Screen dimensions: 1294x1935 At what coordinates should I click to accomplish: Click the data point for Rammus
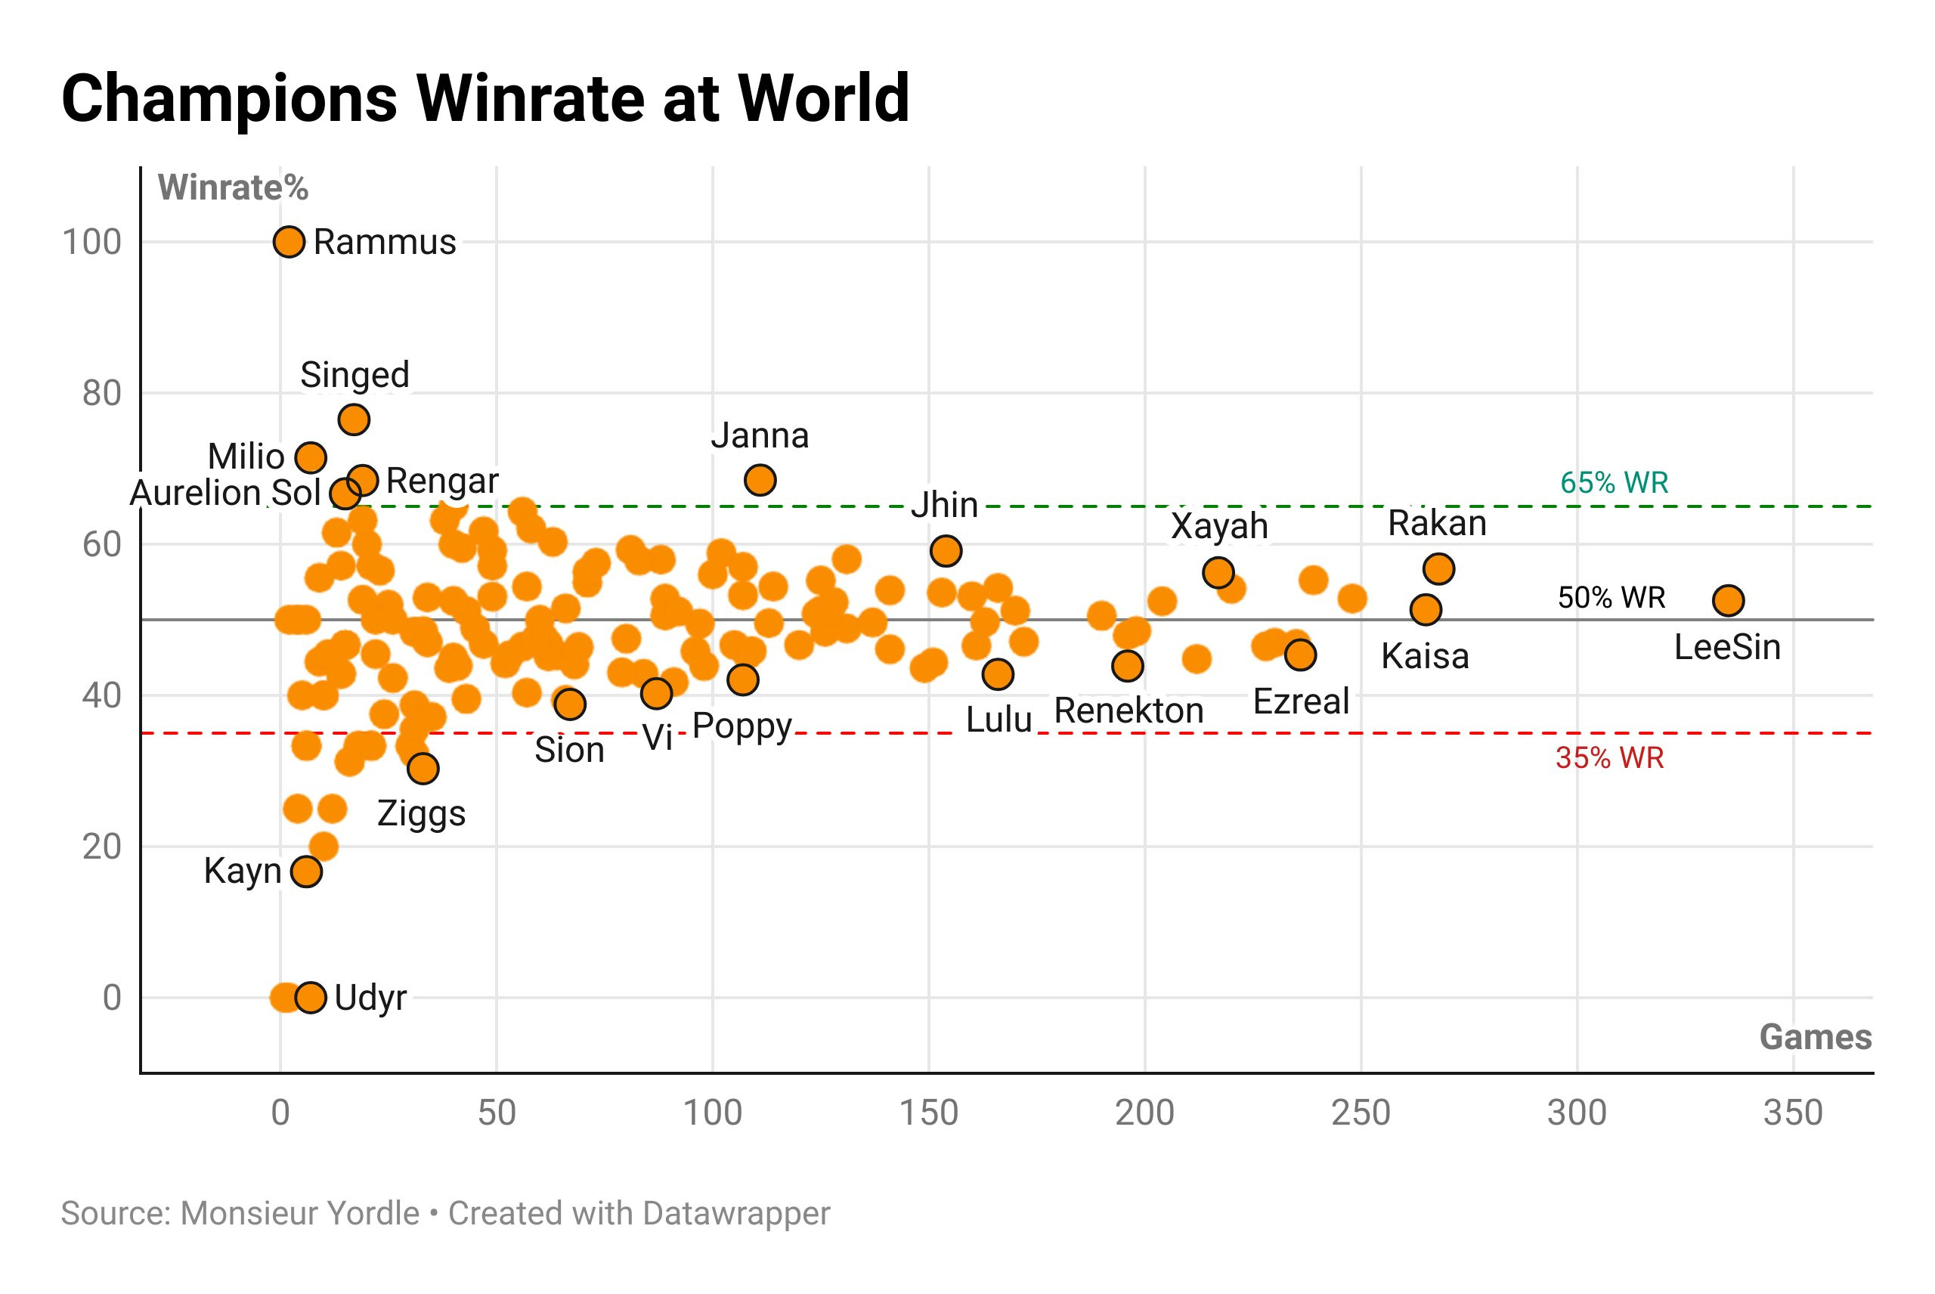coord(289,242)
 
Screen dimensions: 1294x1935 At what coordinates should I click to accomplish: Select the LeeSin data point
coord(1728,600)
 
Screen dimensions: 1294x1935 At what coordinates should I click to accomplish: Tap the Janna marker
coord(760,479)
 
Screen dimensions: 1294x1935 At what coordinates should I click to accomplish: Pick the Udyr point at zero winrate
coord(310,997)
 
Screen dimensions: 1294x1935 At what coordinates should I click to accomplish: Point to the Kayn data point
coord(306,871)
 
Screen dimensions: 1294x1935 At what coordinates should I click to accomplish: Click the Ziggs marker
coord(423,768)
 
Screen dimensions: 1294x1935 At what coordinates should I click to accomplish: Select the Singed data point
coord(354,419)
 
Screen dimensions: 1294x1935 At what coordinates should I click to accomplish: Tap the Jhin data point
coord(946,550)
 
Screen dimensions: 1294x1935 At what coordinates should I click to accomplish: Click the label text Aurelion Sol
coord(225,493)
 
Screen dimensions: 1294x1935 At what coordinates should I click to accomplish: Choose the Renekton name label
coord(1128,710)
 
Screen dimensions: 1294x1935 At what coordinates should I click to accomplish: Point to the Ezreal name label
coord(1300,701)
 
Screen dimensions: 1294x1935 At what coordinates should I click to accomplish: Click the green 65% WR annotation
coord(1614,482)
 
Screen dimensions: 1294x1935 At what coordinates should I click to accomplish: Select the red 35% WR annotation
coord(1609,757)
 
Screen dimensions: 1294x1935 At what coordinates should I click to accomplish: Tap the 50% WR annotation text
coord(1611,596)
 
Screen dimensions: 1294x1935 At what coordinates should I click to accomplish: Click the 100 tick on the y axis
coord(91,242)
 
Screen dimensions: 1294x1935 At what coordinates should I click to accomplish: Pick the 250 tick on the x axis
coord(1361,1113)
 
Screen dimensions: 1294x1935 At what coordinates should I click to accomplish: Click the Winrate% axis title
coord(233,187)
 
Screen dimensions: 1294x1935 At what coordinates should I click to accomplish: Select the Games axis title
coord(1815,1036)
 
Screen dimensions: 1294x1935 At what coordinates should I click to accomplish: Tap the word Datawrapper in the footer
coord(736,1213)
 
